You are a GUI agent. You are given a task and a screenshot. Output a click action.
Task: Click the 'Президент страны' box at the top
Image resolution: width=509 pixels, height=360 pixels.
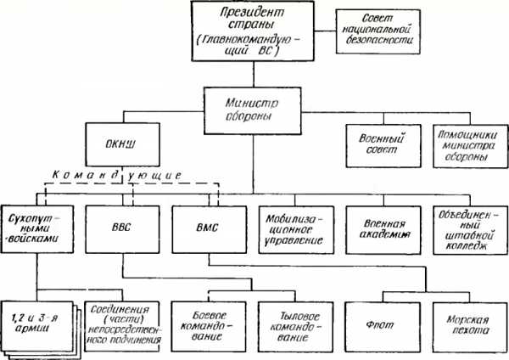[251, 31]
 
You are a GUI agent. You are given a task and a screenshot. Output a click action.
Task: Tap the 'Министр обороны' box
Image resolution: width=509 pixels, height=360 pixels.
[252, 104]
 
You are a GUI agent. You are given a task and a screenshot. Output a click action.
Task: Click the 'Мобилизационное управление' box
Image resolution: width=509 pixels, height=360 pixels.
[288, 228]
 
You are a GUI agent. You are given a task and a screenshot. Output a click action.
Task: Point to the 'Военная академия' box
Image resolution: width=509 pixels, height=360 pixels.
[374, 228]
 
